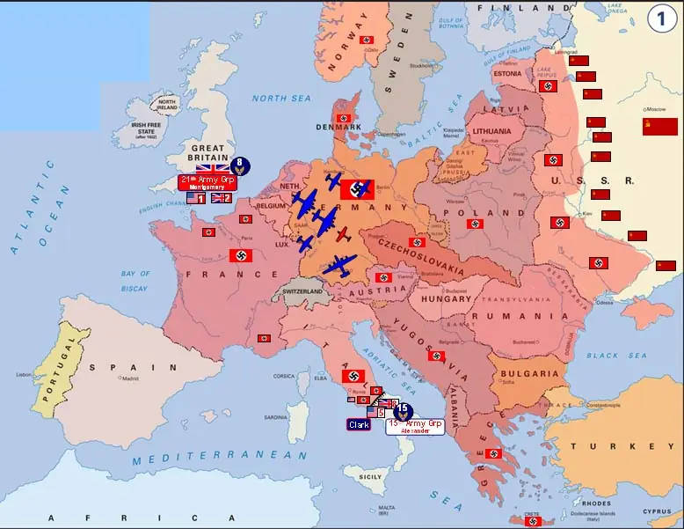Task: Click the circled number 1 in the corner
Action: (661, 19)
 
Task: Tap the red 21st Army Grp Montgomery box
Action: (207, 182)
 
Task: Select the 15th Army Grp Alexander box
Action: (415, 426)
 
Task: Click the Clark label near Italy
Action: (359, 424)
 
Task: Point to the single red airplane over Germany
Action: (342, 235)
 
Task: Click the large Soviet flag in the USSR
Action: (659, 126)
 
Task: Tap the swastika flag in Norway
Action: (367, 40)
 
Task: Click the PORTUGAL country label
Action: (55, 366)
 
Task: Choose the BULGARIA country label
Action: (529, 373)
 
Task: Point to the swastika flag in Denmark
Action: (344, 118)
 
